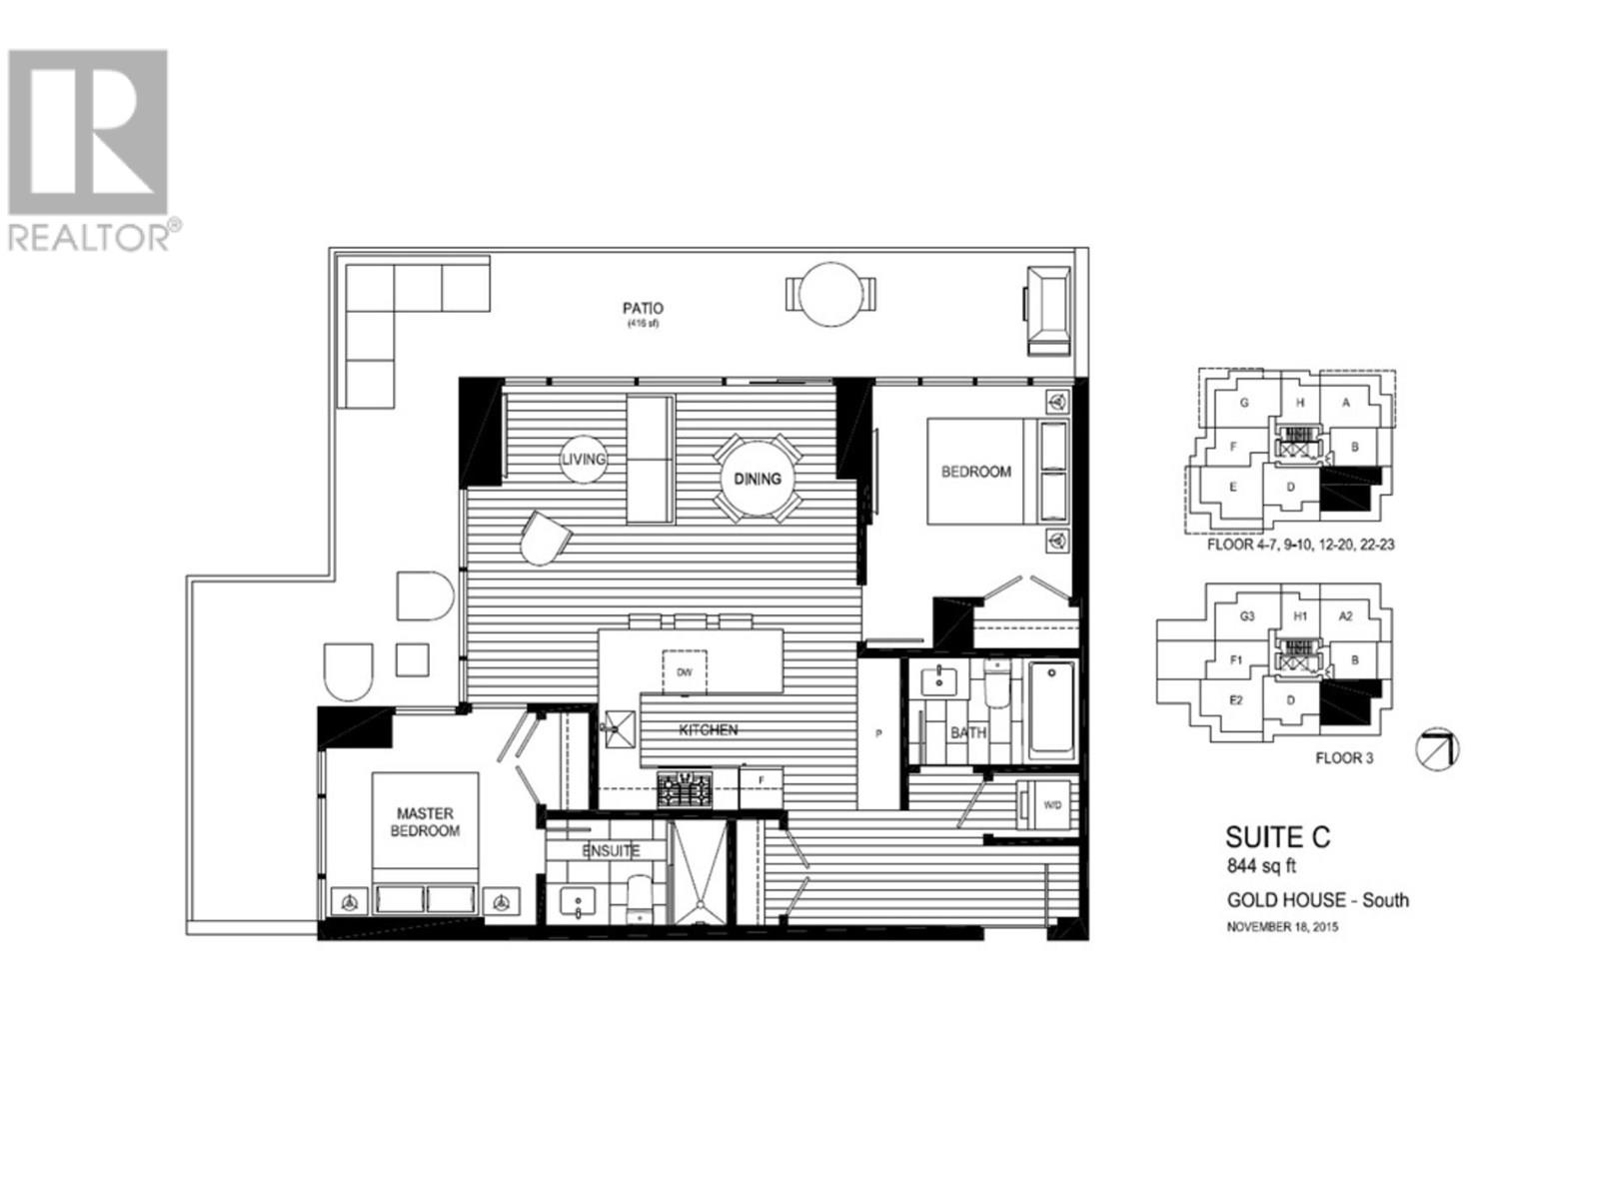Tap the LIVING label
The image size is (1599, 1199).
tap(584, 459)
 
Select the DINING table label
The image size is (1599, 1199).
tap(758, 479)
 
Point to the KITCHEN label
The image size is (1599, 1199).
tap(708, 730)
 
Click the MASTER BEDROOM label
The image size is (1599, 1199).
tap(425, 822)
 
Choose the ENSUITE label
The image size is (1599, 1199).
tap(611, 851)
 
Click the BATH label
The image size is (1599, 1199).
tap(967, 732)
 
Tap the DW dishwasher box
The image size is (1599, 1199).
tap(685, 671)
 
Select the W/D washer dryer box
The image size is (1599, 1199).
tap(1052, 804)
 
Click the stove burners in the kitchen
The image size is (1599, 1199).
tap(685, 789)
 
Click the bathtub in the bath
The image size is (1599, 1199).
tap(1052, 709)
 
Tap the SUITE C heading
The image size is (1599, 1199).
tap(1278, 837)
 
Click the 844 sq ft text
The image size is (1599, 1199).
tap(1261, 867)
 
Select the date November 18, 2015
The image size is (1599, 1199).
tap(1282, 927)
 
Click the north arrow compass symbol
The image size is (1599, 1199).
tap(1439, 749)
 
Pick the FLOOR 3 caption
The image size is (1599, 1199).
tap(1343, 758)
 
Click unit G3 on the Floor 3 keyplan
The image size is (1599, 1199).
tap(1247, 616)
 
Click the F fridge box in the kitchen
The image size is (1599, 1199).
tap(762, 779)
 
